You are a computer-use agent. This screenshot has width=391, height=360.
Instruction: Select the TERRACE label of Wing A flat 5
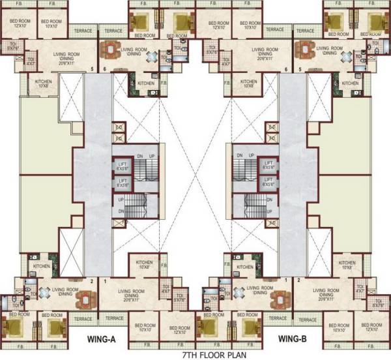[83, 30]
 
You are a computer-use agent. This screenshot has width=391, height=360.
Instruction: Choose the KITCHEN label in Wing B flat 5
[351, 83]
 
